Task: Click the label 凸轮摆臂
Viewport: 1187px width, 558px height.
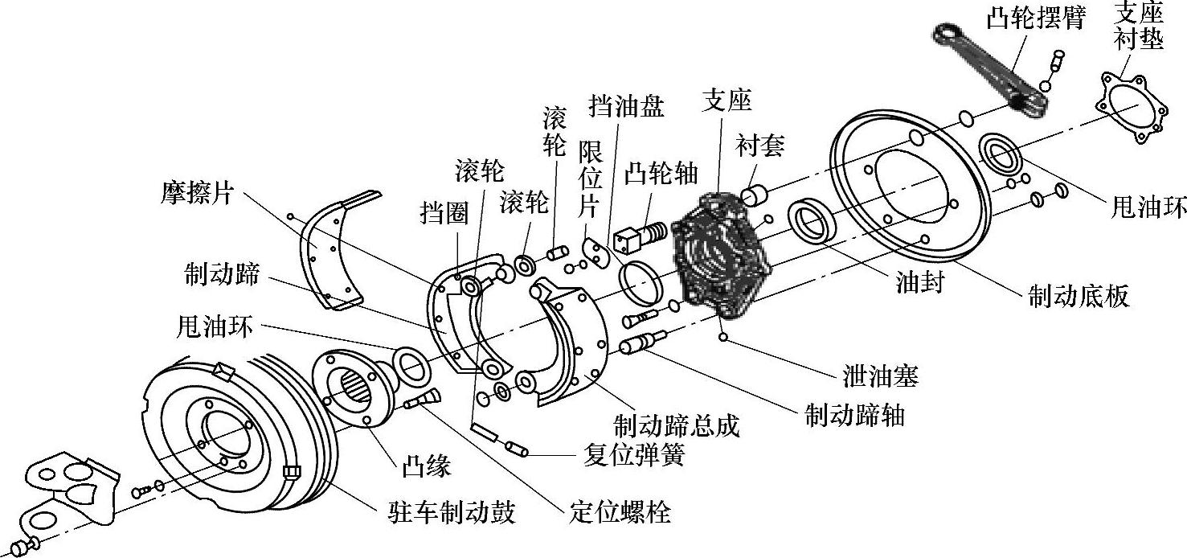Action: point(1035,18)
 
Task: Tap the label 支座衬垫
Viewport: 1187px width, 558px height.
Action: point(1137,26)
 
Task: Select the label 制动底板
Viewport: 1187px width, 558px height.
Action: point(1079,296)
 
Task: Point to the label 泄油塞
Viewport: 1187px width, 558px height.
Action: point(880,377)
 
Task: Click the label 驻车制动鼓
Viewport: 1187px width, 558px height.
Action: point(452,512)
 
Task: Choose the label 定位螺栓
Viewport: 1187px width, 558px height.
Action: point(620,512)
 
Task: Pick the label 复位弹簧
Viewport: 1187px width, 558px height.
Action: point(634,454)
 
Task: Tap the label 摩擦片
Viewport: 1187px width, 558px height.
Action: point(197,194)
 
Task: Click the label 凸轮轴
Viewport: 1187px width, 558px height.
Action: point(661,174)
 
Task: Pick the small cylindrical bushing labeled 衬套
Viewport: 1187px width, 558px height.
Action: point(753,195)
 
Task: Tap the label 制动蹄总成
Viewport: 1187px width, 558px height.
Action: point(676,425)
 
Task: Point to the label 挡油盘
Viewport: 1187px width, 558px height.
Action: point(626,106)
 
